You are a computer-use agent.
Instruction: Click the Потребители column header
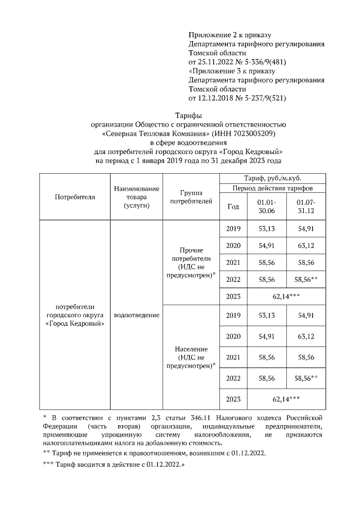click(75, 197)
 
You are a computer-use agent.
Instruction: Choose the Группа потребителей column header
click(191, 197)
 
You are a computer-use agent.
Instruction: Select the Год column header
click(233, 206)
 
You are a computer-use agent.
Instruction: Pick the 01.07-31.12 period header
click(306, 206)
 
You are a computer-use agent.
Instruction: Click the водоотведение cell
click(136, 315)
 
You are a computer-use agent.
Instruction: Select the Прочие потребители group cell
click(191, 262)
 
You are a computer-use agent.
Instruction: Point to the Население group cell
click(191, 357)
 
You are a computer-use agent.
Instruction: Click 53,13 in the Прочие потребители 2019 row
click(267, 229)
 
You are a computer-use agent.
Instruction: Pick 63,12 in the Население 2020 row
click(306, 336)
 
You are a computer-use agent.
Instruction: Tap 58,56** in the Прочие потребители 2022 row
click(306, 278)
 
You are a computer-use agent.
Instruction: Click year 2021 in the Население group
click(233, 357)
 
